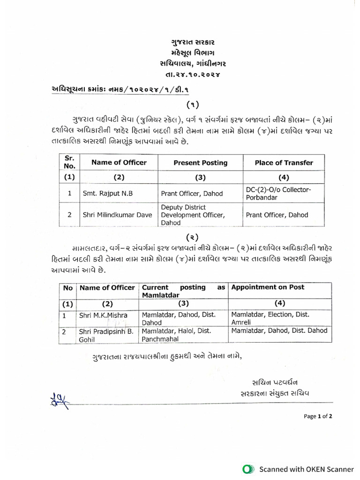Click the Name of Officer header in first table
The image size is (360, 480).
tap(119, 163)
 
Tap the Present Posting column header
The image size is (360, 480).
tap(200, 163)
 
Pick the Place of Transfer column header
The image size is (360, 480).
tap(284, 163)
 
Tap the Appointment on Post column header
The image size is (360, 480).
tap(268, 287)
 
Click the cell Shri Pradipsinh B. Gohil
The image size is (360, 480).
tap(105, 335)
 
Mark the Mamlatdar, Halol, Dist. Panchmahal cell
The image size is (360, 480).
tap(180, 335)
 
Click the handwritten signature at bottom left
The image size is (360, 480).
tap(58, 399)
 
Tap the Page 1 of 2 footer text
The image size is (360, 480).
tap(318, 416)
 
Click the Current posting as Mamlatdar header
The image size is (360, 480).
tap(183, 291)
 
